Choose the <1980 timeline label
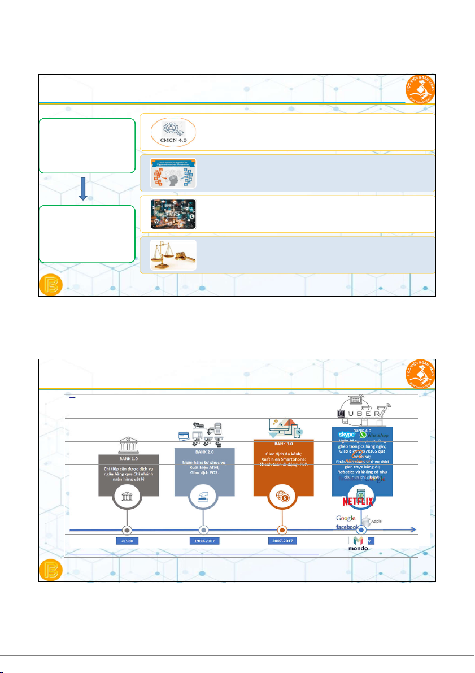point(127,541)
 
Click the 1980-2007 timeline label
point(204,541)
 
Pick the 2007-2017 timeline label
point(282,541)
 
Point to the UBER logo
point(363,414)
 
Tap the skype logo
point(343,435)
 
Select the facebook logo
point(347,527)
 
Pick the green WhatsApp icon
point(364,435)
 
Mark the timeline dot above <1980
point(127,530)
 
